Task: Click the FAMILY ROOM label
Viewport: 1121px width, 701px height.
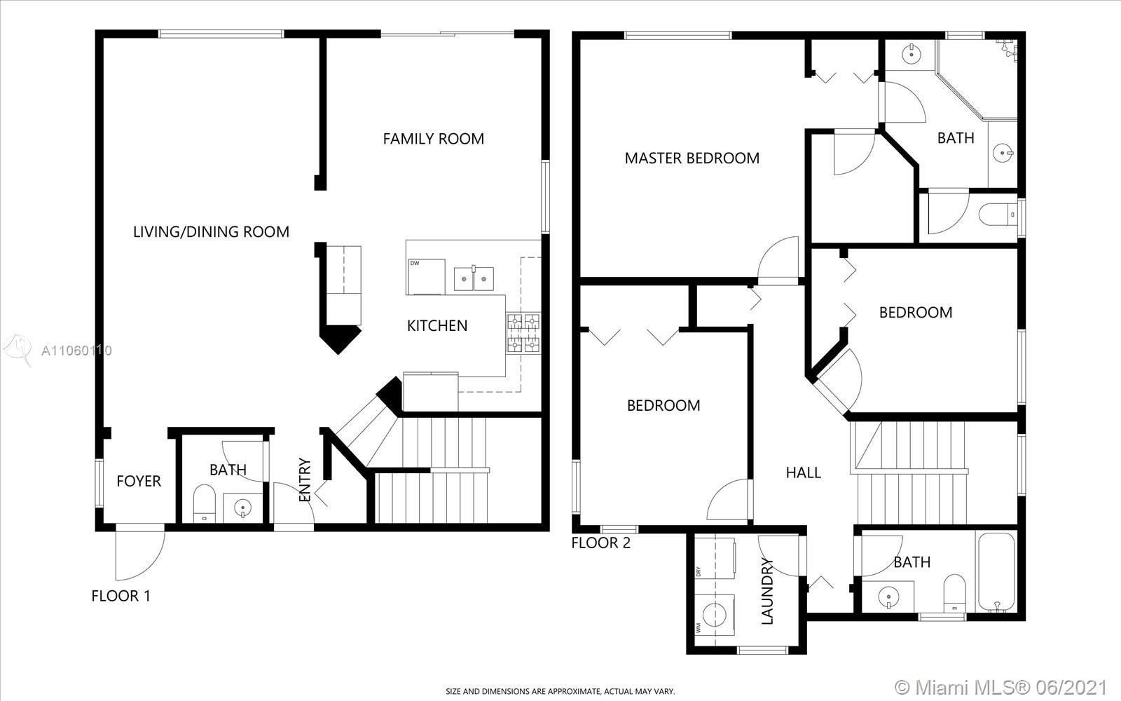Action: point(434,139)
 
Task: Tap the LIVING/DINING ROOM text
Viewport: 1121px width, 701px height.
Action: point(211,232)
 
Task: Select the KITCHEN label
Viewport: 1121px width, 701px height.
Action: point(437,326)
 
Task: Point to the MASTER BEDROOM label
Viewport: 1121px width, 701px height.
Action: point(692,158)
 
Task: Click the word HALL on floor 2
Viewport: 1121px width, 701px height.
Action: point(803,472)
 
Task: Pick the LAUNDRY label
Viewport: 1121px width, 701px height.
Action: point(767,592)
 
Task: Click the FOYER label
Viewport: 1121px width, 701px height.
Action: point(139,481)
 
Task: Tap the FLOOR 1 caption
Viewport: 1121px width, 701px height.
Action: point(121,596)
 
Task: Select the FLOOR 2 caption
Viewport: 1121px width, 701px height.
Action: point(601,543)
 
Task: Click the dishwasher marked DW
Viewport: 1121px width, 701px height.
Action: point(427,276)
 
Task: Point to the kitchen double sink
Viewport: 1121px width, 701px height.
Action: point(474,278)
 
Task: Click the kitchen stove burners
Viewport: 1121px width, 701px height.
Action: point(523,333)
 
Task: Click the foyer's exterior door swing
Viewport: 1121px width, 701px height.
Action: point(140,553)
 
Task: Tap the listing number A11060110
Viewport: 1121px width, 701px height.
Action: point(76,350)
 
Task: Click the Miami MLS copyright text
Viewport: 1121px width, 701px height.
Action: point(1000,687)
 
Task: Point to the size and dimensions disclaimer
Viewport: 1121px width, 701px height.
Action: point(560,691)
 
